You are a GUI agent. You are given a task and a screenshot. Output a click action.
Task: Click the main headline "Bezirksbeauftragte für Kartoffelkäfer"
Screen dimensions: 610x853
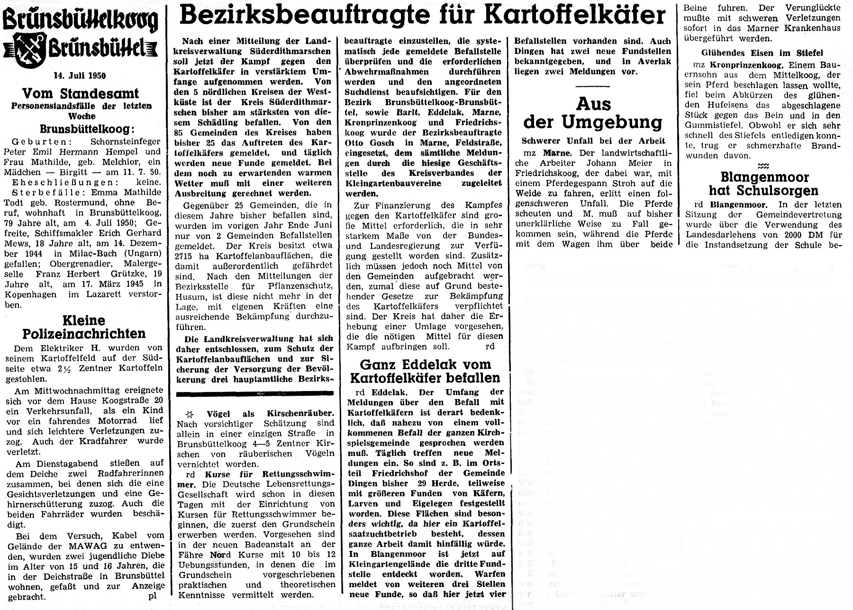pyautogui.click(x=423, y=16)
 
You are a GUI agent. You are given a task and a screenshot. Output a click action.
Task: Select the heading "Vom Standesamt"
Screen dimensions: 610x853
pyautogui.click(x=81, y=93)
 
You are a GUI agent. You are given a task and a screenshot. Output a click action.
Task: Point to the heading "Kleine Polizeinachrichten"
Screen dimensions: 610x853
pyautogui.click(x=84, y=327)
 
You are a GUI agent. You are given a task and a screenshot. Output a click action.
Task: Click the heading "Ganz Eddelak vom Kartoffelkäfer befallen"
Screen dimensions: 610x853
pyautogui.click(x=425, y=371)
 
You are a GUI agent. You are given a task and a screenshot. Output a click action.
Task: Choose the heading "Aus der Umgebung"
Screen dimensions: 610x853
pyautogui.click(x=593, y=113)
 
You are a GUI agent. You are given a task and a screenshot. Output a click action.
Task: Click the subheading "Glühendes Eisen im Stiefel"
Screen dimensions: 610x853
pyautogui.click(x=762, y=53)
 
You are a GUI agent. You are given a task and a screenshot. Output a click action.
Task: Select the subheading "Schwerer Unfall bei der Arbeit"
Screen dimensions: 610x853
pyautogui.click(x=593, y=141)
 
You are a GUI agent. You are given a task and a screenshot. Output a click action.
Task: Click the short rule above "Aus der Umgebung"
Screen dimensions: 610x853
pyautogui.click(x=593, y=86)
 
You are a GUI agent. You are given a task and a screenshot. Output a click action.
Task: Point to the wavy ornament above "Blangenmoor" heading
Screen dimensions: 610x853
pyautogui.click(x=763, y=166)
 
